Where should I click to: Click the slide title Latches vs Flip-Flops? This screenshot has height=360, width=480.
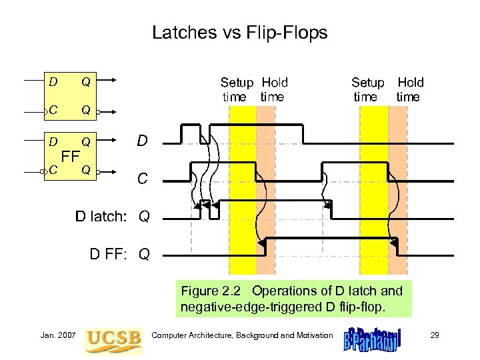tap(239, 32)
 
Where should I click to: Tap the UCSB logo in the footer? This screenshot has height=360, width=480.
tap(114, 338)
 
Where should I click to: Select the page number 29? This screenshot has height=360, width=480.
tap(435, 335)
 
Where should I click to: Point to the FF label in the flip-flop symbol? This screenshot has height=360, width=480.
tap(70, 157)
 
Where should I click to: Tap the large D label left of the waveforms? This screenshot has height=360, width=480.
tap(142, 141)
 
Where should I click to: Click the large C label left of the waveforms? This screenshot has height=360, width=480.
tap(142, 179)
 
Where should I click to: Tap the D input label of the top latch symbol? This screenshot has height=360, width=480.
tap(53, 82)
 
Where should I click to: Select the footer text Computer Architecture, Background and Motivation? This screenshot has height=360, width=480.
tap(242, 335)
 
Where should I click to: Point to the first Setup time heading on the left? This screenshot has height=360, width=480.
tap(237, 89)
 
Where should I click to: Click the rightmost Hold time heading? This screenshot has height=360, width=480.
tap(409, 89)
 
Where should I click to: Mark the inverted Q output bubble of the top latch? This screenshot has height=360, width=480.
tap(98, 113)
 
